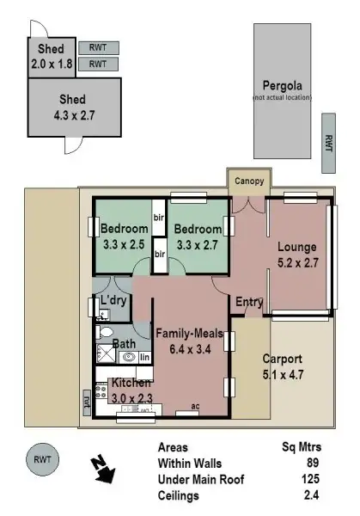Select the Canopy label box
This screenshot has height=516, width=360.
(x=250, y=181)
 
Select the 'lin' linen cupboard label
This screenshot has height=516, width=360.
(x=144, y=356)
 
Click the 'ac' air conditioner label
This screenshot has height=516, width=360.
(x=194, y=406)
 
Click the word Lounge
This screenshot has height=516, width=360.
(x=296, y=248)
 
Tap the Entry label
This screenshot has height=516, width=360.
(x=249, y=302)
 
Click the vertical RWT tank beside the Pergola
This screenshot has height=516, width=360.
(x=328, y=141)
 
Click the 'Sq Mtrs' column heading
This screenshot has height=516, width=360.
(x=299, y=447)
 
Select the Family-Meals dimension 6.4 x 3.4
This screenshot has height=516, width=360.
(x=189, y=348)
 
